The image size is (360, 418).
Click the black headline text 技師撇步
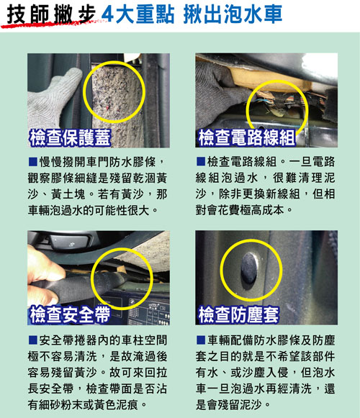[x=51, y=14]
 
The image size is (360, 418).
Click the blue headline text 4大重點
[x=138, y=14]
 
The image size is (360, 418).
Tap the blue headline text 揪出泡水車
[x=233, y=14]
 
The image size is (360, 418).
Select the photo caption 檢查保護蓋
[x=70, y=137]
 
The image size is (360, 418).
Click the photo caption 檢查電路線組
[x=247, y=137]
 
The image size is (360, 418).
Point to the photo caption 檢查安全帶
[x=70, y=314]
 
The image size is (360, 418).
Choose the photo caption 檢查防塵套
[x=238, y=314]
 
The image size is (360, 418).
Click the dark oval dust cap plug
[x=250, y=268]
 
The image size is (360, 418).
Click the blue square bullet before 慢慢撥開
[x=32, y=162]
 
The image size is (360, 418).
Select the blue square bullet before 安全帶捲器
[x=32, y=340]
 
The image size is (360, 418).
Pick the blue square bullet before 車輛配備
[x=201, y=340]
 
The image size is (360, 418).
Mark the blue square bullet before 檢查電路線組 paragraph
[x=201, y=161]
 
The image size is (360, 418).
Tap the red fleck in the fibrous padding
[x=107, y=107]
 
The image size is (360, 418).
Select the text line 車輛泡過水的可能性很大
[x=93, y=210]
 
